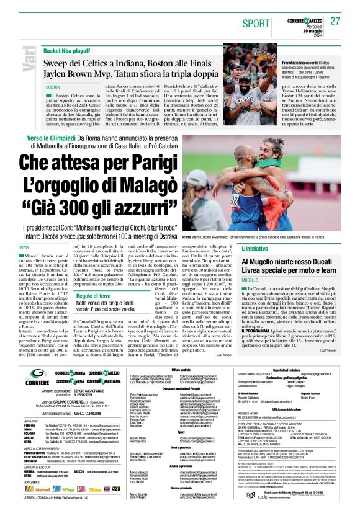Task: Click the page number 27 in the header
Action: click(335, 21)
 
